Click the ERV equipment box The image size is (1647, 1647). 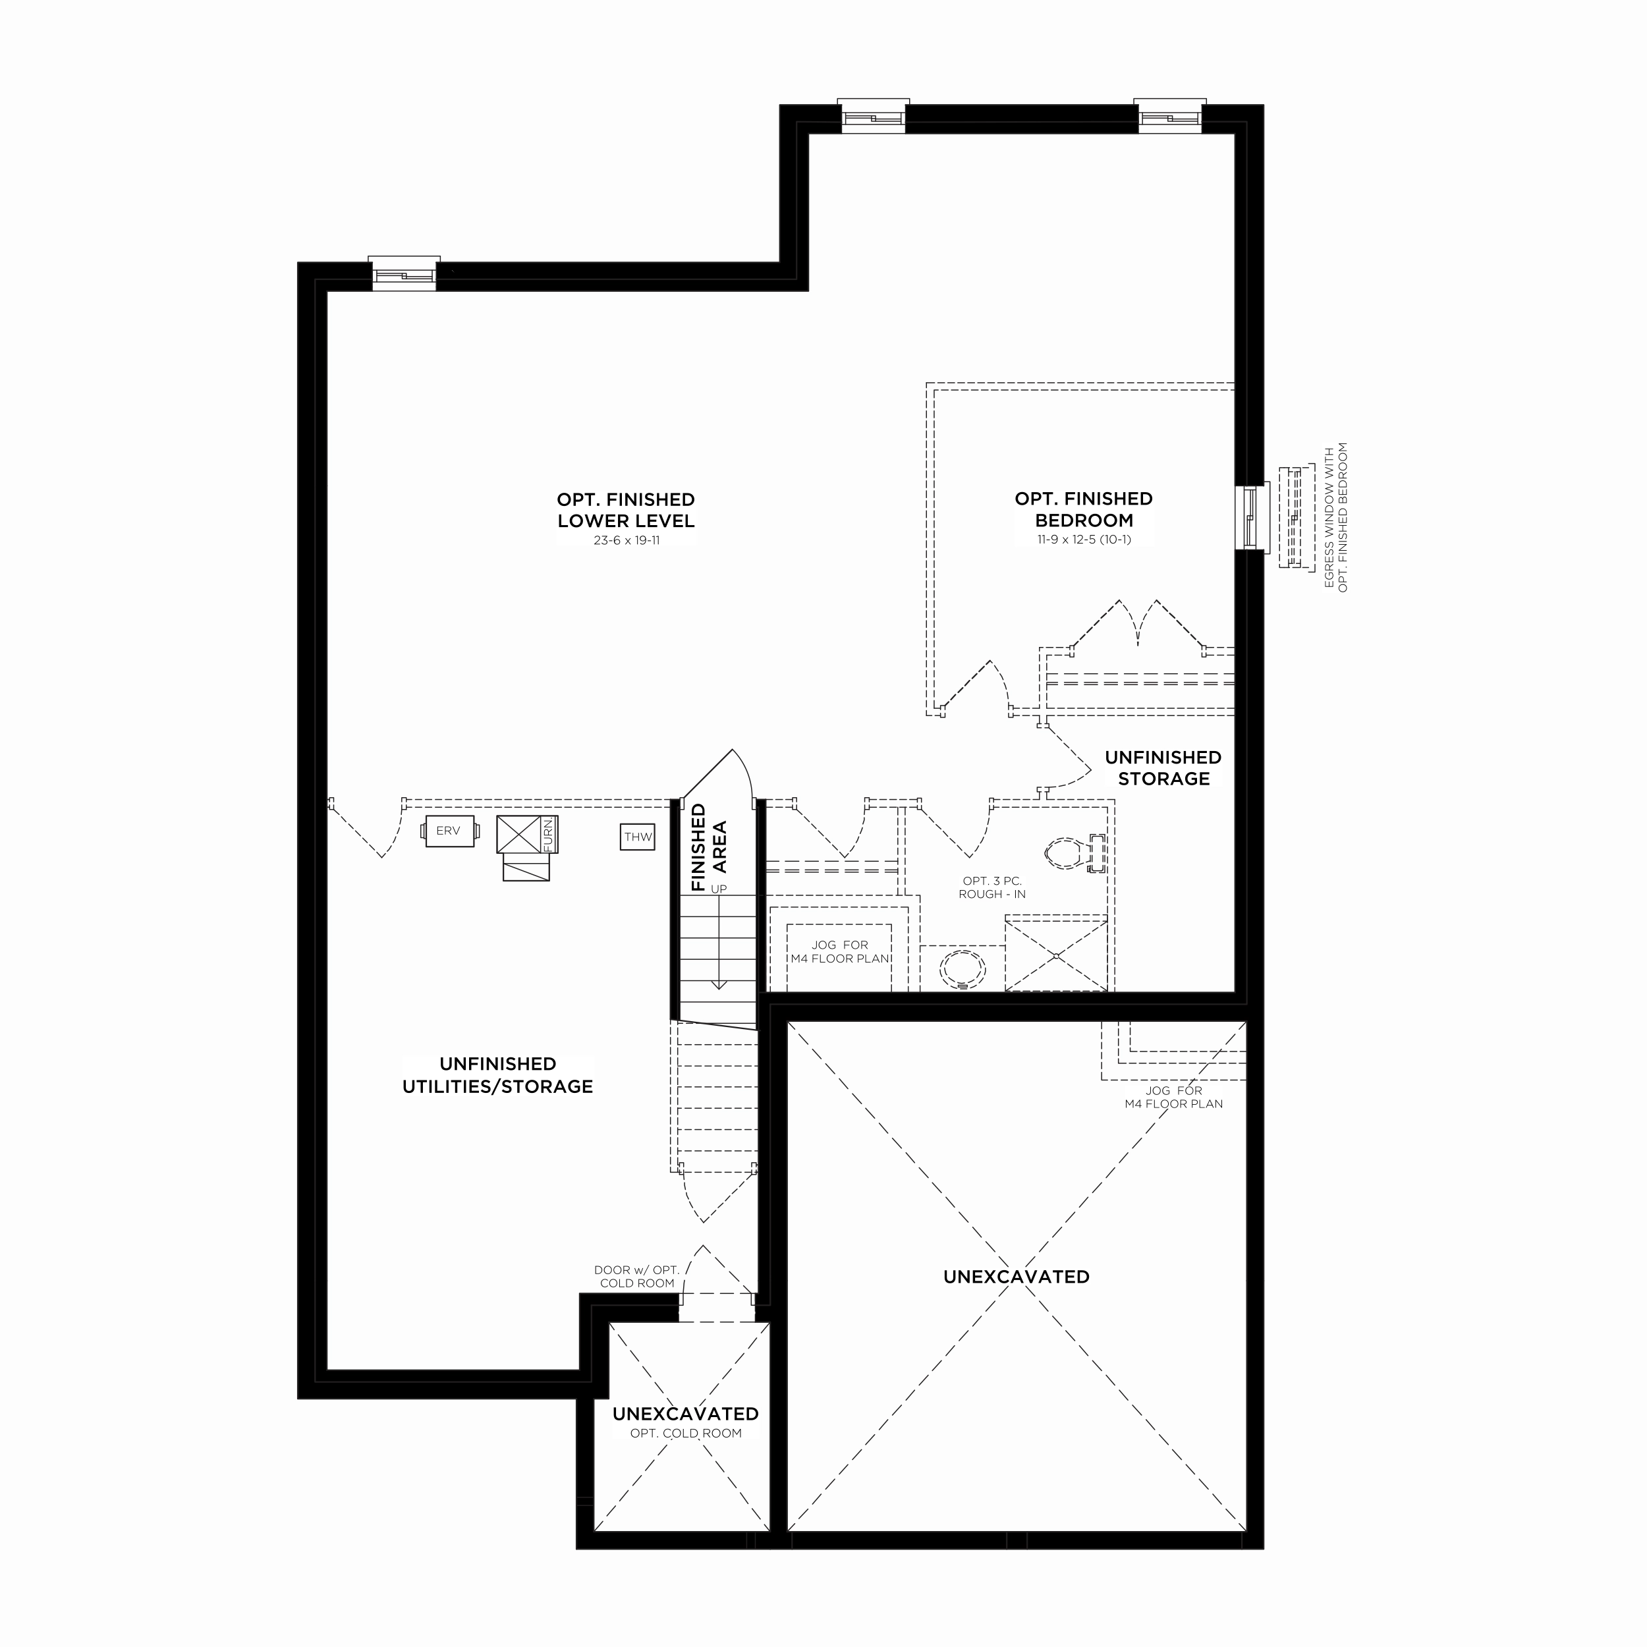pyautogui.click(x=450, y=831)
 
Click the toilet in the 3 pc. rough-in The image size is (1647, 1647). pyautogui.click(x=1074, y=853)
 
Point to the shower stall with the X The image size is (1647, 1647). pyautogui.click(x=1056, y=955)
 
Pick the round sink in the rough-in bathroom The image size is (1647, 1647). pyautogui.click(x=963, y=968)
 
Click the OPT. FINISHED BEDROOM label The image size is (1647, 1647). pyautogui.click(x=1084, y=509)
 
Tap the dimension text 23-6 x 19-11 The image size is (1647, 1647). pyautogui.click(x=627, y=540)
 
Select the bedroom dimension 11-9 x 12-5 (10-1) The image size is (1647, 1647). pyautogui.click(x=1084, y=540)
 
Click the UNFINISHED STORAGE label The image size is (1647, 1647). pyautogui.click(x=1163, y=768)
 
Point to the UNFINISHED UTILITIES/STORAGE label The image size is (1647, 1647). pyautogui.click(x=498, y=1075)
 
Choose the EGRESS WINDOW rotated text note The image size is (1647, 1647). pyautogui.click(x=1336, y=516)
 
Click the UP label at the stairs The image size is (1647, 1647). pyautogui.click(x=719, y=889)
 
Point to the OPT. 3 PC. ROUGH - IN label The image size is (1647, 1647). pyautogui.click(x=992, y=887)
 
